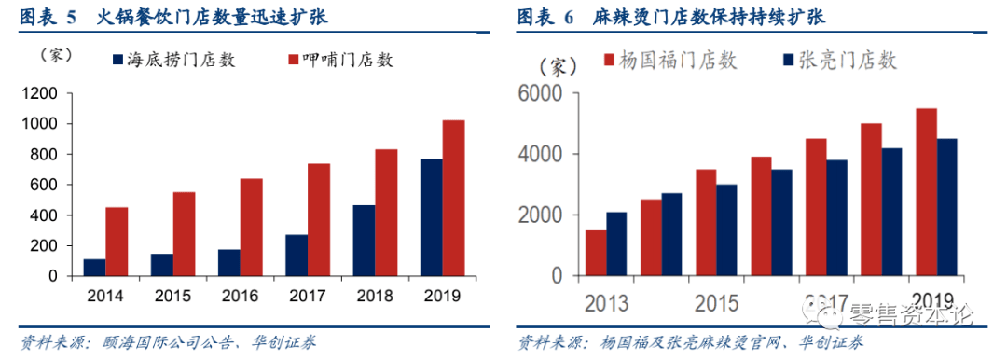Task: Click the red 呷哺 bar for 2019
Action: [x=453, y=198]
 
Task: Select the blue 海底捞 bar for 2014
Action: [x=94, y=268]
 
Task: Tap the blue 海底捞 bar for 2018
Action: [x=364, y=241]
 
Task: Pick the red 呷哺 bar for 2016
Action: [x=252, y=228]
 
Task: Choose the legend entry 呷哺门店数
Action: [x=339, y=60]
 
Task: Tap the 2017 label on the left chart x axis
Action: [x=308, y=298]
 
